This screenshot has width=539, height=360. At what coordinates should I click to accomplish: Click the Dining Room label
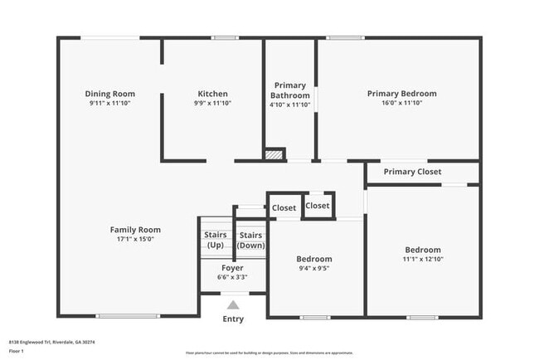tap(109, 94)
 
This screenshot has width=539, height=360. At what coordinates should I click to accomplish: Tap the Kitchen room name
tap(212, 94)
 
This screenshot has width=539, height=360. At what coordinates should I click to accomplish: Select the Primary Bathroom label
tap(289, 90)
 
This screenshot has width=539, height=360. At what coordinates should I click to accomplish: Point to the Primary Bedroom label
tap(401, 94)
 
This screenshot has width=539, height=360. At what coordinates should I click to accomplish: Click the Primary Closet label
tap(412, 172)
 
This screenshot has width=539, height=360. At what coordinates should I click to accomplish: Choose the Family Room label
tap(135, 230)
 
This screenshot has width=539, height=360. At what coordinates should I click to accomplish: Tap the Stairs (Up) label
tap(216, 240)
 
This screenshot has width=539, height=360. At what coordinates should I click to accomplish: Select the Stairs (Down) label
tap(250, 240)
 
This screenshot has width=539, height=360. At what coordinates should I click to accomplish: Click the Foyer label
tap(232, 268)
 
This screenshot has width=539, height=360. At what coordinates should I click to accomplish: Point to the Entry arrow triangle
tap(233, 304)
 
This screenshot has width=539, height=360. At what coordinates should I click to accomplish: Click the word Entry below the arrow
tap(233, 319)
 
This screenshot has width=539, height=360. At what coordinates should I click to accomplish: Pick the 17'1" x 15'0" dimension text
tap(135, 239)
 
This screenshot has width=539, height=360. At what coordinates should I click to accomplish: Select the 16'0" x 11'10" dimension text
tap(401, 103)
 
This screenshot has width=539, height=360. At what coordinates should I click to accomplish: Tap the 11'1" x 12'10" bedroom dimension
tap(422, 260)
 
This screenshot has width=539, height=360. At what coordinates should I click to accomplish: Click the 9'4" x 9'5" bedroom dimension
tap(314, 268)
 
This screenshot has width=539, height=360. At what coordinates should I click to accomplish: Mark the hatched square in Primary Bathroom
tap(274, 153)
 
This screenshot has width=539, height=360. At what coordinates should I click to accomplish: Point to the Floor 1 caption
tap(17, 351)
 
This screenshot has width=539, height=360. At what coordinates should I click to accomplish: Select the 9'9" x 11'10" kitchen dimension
tap(212, 103)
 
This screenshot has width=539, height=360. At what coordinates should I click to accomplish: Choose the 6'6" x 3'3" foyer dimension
tap(232, 277)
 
